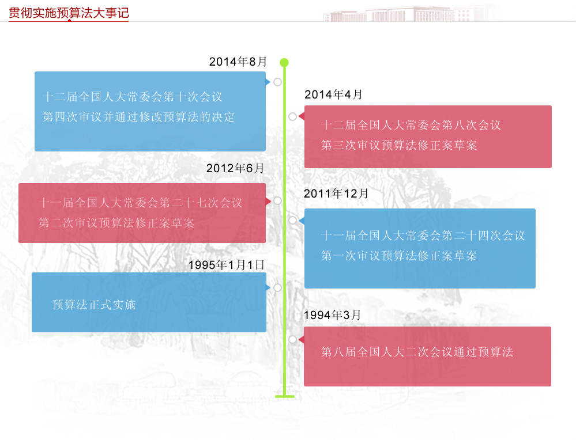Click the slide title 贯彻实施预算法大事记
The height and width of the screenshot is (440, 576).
point(69,12)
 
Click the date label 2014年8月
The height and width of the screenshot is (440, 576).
point(238,62)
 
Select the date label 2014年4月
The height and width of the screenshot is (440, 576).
point(334,95)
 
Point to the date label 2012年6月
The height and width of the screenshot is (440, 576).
point(235,168)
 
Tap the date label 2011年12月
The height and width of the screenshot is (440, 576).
point(336,194)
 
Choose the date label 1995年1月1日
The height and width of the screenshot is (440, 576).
point(226,265)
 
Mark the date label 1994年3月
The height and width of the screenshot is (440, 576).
point(332,315)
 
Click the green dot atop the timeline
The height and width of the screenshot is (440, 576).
point(284,62)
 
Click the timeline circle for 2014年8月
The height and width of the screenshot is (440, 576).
point(277,82)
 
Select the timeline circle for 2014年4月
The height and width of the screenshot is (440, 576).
point(292,117)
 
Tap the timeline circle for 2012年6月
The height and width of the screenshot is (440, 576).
point(277,201)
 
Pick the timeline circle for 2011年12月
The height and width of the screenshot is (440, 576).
point(292,220)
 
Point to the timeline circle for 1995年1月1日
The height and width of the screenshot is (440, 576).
point(277,287)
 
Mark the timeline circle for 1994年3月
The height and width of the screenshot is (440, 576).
point(292,339)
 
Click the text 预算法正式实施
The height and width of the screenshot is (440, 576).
point(94,305)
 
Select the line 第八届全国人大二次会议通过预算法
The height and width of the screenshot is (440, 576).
point(417,352)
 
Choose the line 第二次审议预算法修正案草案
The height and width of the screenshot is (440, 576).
point(116,223)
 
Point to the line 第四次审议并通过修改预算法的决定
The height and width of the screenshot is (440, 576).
point(139,117)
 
